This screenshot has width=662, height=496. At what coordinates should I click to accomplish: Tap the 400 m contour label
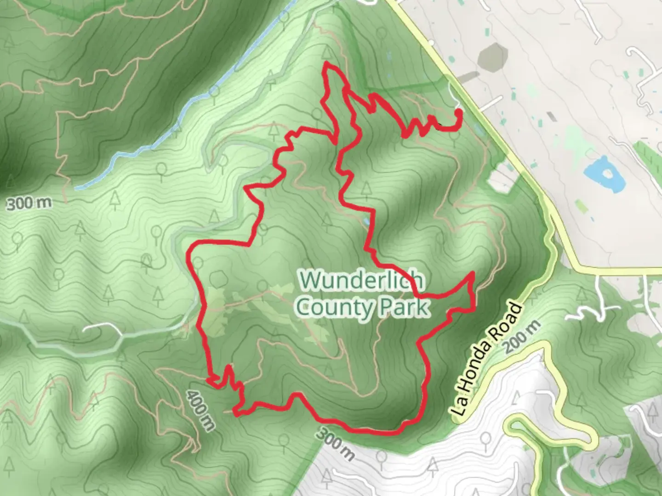pos(201,410)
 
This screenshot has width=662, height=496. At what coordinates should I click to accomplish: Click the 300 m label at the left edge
pos(29,203)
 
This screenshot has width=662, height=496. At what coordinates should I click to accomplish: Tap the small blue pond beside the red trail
pos(366,222)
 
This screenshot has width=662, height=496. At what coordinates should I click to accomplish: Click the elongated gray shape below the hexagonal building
pos(466,77)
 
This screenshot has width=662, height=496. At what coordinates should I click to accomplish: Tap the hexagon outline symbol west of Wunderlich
pos(218,277)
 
